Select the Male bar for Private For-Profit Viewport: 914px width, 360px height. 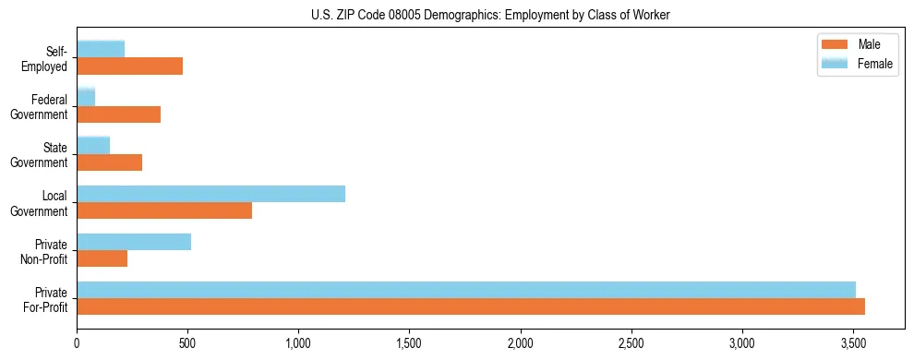coord(471,306)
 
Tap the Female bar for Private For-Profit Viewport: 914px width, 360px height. coord(466,290)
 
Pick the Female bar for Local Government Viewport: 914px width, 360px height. coord(211,194)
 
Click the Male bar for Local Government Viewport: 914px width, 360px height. coord(164,210)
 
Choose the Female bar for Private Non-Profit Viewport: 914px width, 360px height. coord(134,242)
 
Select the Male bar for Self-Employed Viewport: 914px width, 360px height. coord(130,66)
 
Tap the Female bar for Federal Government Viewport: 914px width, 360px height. coord(86,98)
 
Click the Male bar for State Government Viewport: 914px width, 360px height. coord(110,162)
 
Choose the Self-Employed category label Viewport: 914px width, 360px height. coord(51,58)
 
